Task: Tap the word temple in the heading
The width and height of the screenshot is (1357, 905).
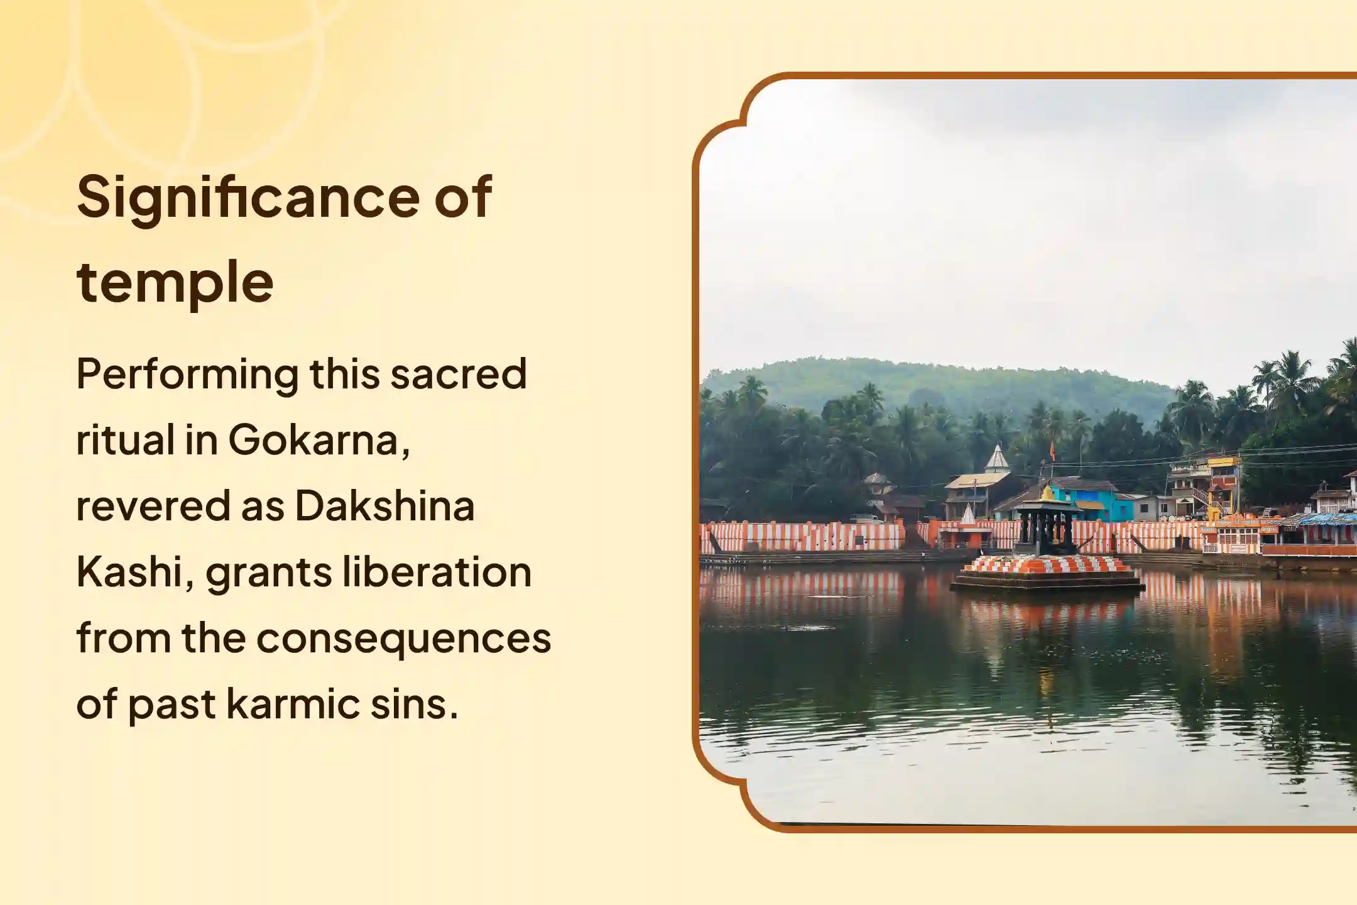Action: tap(175, 282)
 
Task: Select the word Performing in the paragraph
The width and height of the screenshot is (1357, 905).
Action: tap(187, 375)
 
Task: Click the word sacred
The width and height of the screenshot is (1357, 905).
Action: tap(458, 374)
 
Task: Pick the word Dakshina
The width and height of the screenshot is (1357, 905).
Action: tap(384, 506)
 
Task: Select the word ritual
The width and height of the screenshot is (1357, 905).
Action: tap(125, 440)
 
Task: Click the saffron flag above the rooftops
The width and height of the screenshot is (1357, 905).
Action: tap(1052, 450)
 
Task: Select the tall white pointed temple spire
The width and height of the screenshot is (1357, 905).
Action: tap(997, 459)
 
